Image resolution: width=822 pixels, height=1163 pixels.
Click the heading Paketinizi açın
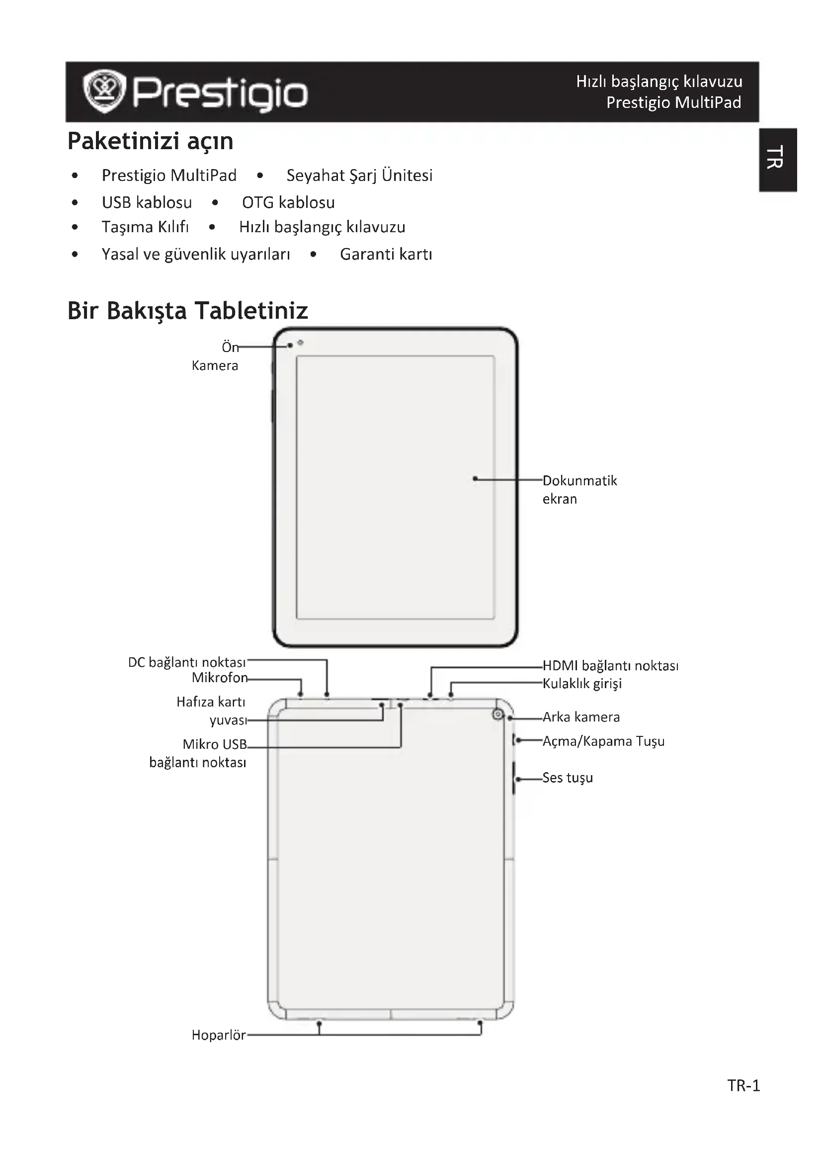click(150, 141)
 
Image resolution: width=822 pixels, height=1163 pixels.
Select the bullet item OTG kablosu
click(288, 202)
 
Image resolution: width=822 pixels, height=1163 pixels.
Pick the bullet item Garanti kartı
click(386, 254)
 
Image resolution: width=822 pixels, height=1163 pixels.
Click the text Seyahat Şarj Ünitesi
click(359, 175)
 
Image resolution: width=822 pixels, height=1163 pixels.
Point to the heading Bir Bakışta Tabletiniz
click(188, 310)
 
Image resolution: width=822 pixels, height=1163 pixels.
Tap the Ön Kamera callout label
click(216, 356)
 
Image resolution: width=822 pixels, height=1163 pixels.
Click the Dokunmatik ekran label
click(579, 489)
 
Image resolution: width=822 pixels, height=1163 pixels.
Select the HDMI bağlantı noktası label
click(610, 666)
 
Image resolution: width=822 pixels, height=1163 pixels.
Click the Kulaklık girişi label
click(582, 684)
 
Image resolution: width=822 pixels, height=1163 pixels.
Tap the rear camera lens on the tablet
click(498, 714)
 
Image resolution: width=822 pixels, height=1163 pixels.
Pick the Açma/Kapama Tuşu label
click(603, 741)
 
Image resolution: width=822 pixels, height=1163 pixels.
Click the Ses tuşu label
click(568, 778)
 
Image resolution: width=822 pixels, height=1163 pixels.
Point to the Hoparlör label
click(219, 1035)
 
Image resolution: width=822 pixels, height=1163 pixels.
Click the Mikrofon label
click(220, 678)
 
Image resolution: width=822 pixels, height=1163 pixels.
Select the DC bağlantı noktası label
click(187, 662)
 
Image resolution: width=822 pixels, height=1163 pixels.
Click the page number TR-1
click(743, 1085)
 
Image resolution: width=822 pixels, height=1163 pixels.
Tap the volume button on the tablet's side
click(514, 778)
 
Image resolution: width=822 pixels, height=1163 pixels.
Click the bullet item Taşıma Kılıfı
click(145, 227)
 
